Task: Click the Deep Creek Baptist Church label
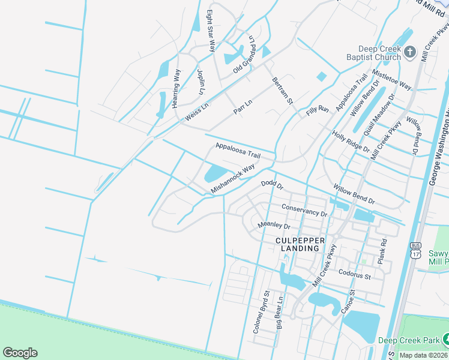[x=379, y=53]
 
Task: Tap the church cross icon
[x=411, y=52]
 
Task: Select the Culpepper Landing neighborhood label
[x=301, y=244]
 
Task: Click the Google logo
[x=20, y=353]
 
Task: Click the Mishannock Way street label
[x=233, y=178]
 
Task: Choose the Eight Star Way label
[x=211, y=30]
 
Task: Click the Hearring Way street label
[x=176, y=88]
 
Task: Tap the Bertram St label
[x=282, y=90]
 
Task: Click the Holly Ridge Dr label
[x=351, y=142]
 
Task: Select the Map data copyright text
[x=424, y=355]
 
